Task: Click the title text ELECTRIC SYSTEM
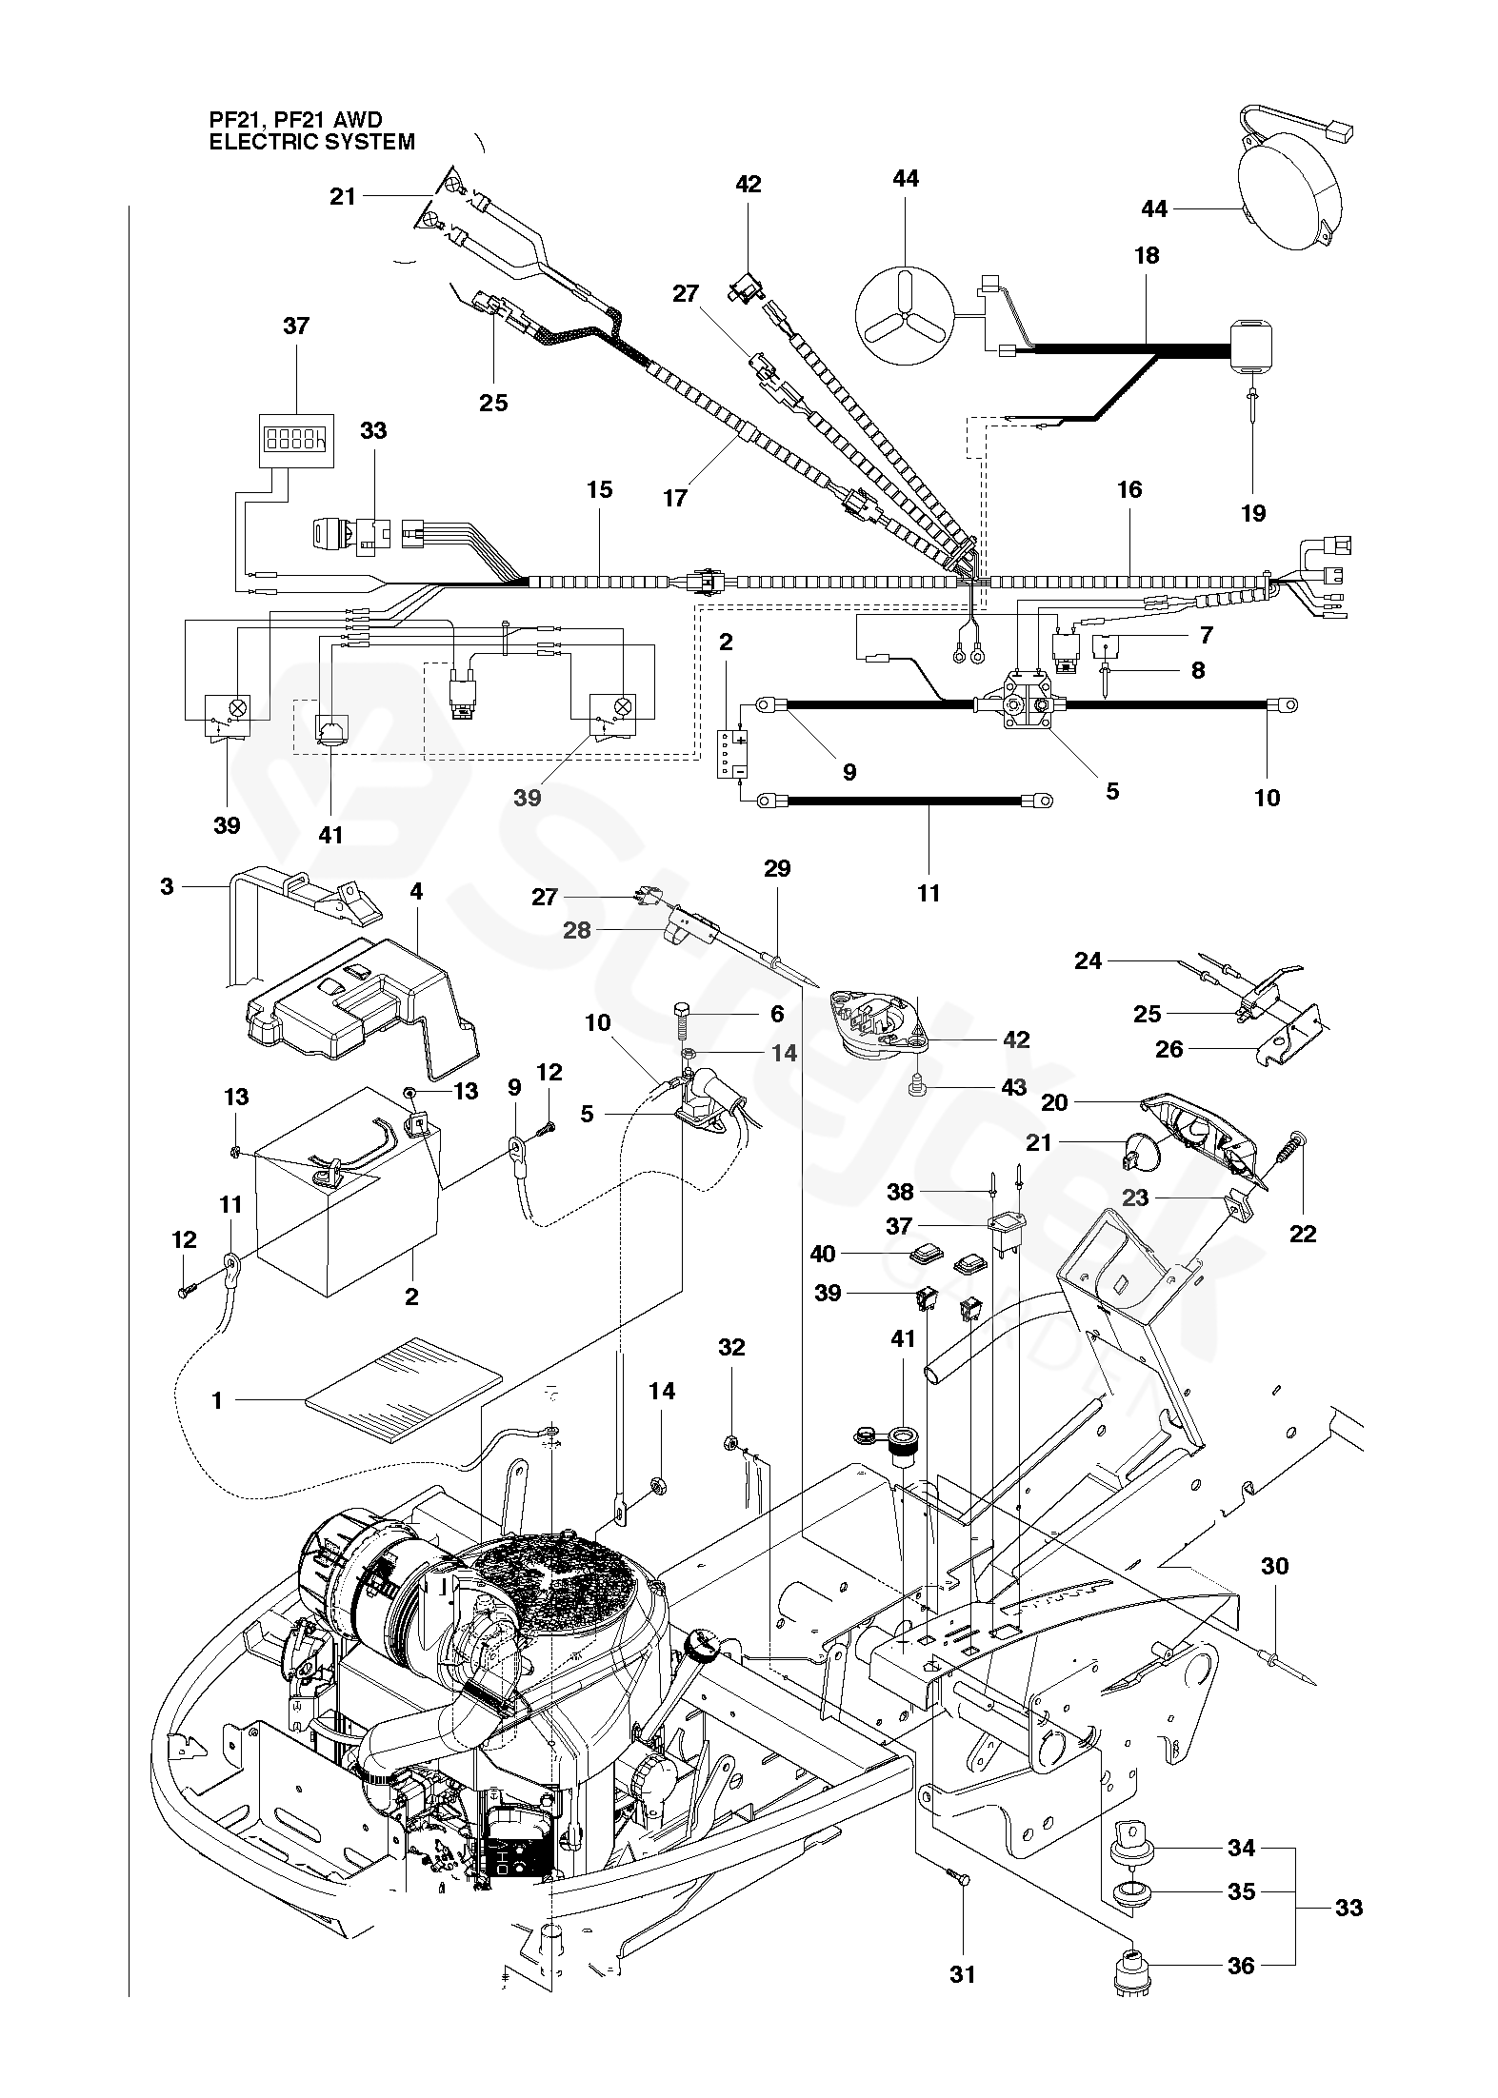[312, 142]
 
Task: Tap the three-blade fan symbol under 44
[905, 315]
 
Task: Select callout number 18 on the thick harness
[1147, 255]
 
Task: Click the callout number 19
[1253, 513]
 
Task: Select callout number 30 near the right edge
[1274, 1566]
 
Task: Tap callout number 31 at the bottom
[962, 1949]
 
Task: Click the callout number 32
[731, 1347]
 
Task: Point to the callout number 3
[168, 886]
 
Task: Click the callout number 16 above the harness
[1128, 489]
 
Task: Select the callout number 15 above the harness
[599, 489]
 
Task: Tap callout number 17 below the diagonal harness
[674, 498]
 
